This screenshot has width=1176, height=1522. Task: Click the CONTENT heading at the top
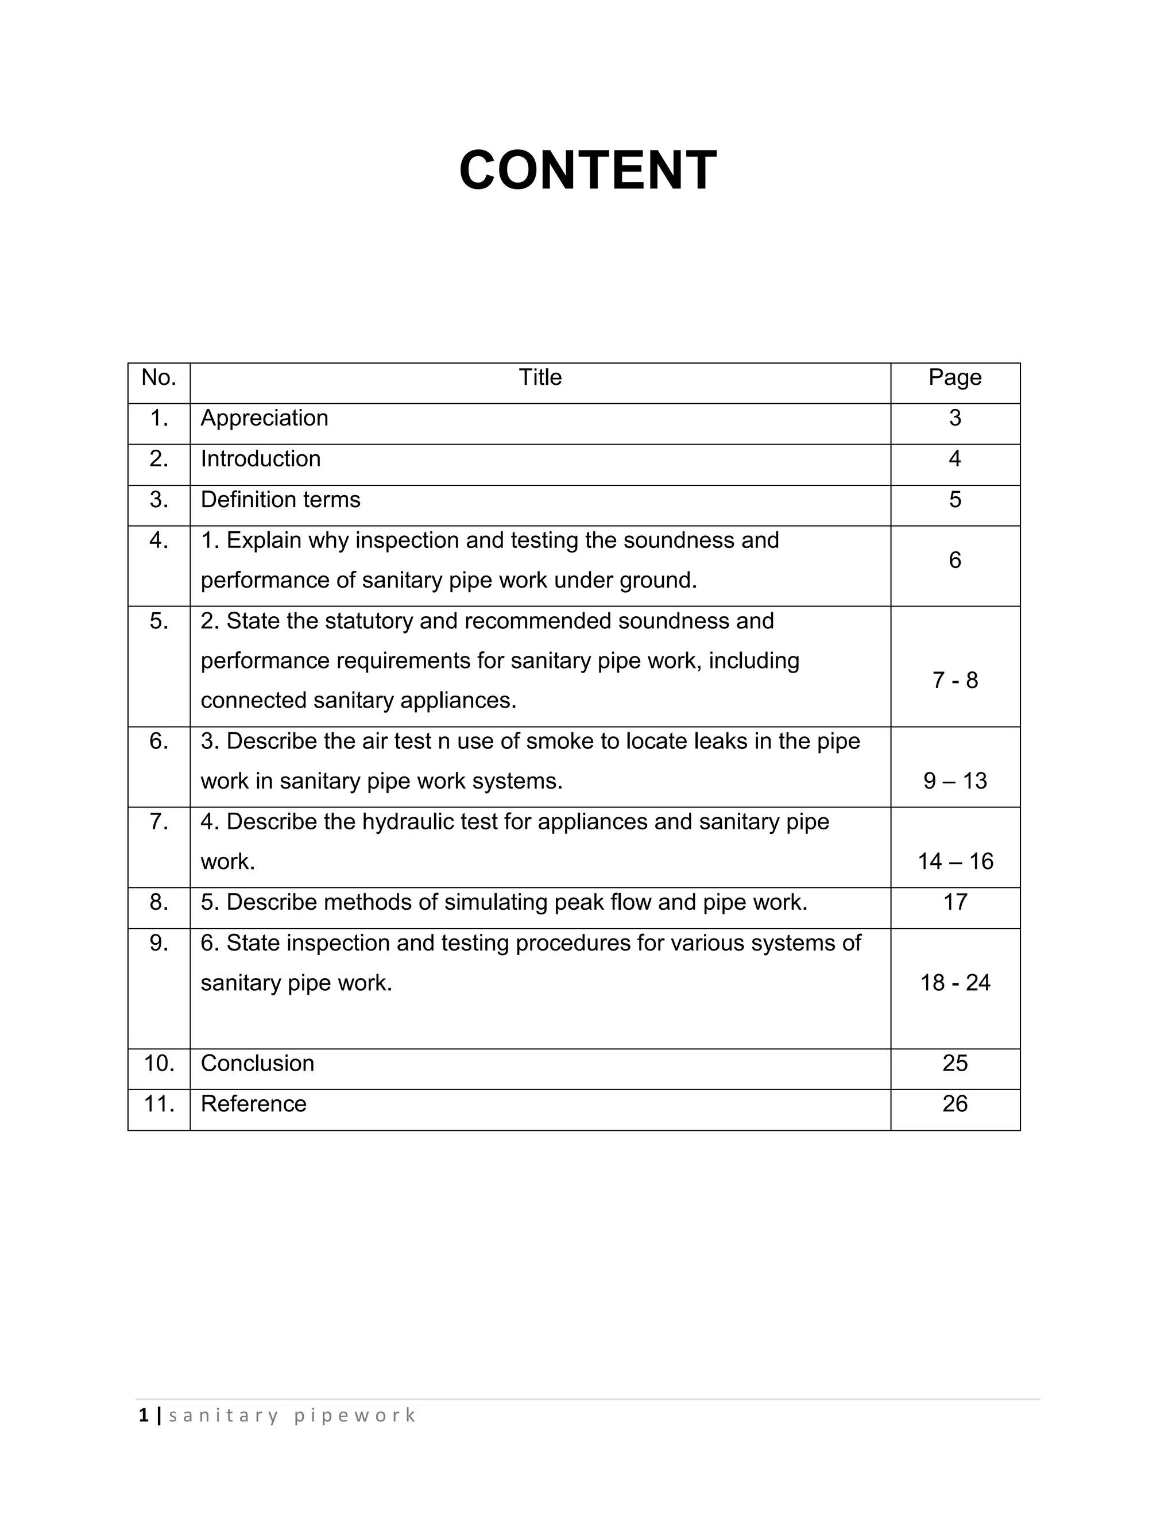tap(587, 171)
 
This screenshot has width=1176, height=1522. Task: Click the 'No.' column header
tap(159, 378)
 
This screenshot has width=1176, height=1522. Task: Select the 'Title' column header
tap(540, 378)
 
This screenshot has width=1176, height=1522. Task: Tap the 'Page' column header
tap(954, 378)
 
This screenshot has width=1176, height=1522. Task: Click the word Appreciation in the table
tap(264, 418)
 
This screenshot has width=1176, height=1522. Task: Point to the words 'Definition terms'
tap(280, 500)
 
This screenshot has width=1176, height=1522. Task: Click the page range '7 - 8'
tap(954, 680)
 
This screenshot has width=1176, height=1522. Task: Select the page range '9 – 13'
tap(954, 781)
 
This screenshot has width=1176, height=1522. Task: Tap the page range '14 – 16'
tap(954, 862)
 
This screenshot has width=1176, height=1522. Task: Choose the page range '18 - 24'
tap(954, 983)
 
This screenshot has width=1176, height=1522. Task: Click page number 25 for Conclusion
tap(954, 1063)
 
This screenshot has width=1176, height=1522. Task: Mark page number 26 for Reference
tap(954, 1103)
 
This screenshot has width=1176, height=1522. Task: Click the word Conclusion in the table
tap(257, 1063)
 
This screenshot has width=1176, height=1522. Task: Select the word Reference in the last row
tap(254, 1104)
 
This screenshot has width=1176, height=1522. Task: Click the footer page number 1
tap(144, 1415)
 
